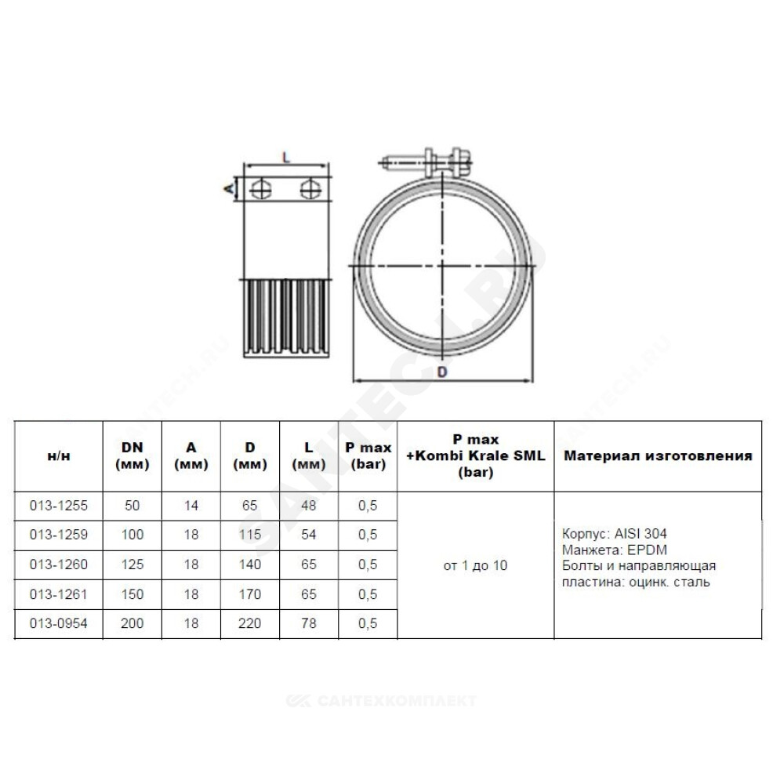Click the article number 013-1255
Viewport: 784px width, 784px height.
59,506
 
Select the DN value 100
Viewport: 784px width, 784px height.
132,535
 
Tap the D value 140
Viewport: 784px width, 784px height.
249,564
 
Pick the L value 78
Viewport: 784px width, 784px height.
308,623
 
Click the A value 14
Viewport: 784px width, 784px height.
191,506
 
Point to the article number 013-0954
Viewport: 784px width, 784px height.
59,623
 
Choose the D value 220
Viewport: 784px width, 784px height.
249,623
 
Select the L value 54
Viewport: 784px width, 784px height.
308,535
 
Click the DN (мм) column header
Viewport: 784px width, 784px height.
132,456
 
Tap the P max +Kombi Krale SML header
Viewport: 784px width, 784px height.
476,456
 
